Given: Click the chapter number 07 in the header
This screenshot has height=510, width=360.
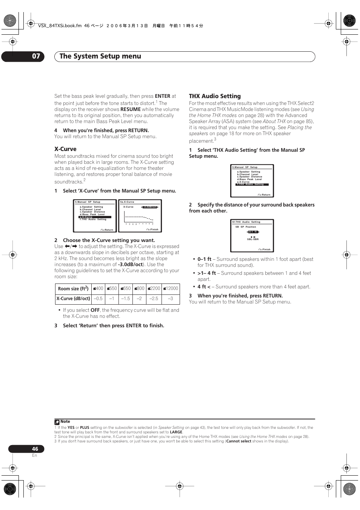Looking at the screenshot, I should (x=36, y=56).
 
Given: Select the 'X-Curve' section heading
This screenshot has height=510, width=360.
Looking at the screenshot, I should (x=65, y=149).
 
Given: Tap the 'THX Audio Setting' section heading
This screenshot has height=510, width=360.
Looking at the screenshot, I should (x=215, y=96).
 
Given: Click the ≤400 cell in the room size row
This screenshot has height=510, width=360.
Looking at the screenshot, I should (x=98, y=288).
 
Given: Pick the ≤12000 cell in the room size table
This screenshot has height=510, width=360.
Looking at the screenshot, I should (x=171, y=288).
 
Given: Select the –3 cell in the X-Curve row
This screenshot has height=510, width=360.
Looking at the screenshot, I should (x=171, y=299).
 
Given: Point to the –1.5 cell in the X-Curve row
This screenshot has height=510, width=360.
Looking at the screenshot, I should (x=126, y=299).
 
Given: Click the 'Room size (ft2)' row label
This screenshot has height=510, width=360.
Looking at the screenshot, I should (x=73, y=289).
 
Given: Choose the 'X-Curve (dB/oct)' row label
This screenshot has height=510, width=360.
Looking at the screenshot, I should (x=73, y=299).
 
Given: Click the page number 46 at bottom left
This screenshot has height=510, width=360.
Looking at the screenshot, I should (x=35, y=449).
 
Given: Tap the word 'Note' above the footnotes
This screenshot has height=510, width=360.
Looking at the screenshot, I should (x=65, y=422).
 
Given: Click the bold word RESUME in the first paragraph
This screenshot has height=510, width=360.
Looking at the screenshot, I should (x=131, y=109).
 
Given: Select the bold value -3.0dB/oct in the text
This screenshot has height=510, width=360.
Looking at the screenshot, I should (x=130, y=265).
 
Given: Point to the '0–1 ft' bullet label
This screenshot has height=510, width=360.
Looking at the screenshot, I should (x=205, y=259).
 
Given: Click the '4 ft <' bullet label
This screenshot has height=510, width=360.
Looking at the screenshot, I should (x=204, y=287).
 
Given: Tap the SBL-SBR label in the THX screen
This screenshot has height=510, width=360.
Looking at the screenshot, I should (x=253, y=239).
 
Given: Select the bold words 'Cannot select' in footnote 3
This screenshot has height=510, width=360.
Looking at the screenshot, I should (x=238, y=441).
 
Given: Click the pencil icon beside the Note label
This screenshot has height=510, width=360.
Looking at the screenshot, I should (x=57, y=422).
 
